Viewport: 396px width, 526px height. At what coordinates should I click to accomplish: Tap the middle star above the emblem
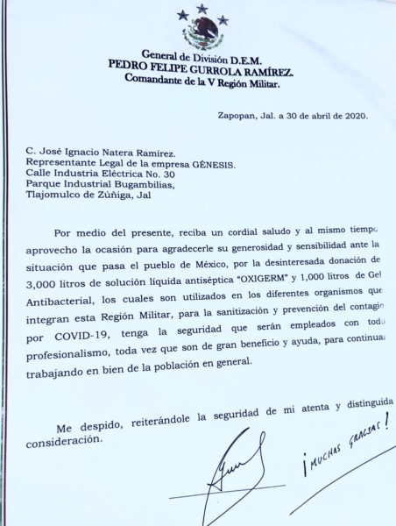(202, 9)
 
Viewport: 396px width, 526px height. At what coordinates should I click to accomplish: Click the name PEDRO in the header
(129, 64)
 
